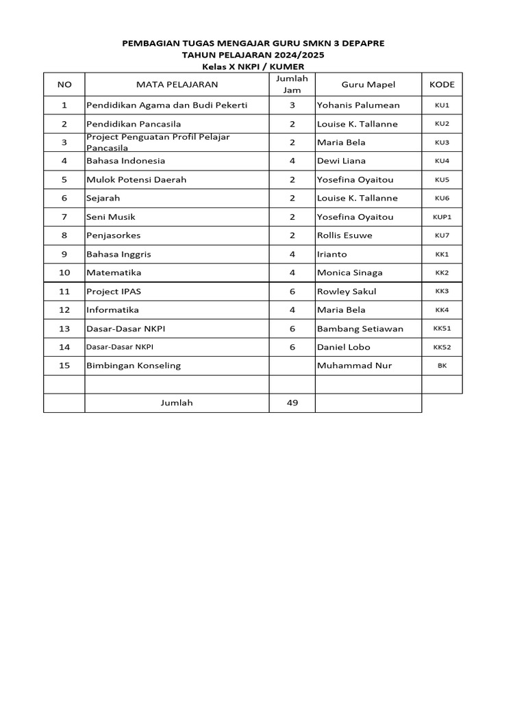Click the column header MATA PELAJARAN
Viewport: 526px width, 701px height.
(177, 85)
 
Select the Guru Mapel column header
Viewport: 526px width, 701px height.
(368, 85)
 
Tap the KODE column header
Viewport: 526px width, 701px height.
(442, 85)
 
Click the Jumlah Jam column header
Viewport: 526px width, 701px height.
(292, 84)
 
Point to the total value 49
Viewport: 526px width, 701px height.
(292, 403)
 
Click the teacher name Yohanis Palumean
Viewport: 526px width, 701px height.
(358, 105)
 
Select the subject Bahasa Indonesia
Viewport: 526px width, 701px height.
(125, 161)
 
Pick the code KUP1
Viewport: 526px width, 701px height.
(442, 217)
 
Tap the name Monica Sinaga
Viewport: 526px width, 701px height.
(349, 272)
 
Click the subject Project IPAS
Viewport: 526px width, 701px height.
(114, 291)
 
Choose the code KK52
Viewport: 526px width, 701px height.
(442, 347)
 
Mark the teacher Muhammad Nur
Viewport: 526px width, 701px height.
(354, 366)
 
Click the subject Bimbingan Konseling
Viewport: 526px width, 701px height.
(134, 366)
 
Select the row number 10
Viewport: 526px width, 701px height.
(64, 272)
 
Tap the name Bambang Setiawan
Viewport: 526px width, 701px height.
(360, 329)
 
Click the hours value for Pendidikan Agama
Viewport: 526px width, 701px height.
(292, 105)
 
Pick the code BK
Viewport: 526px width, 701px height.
(442, 366)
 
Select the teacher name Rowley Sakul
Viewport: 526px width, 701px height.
(347, 291)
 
